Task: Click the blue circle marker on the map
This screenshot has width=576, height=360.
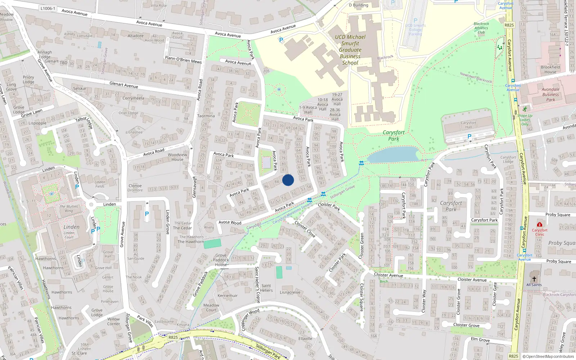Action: [288, 180]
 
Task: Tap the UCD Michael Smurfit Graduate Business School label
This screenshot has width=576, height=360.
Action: [350, 50]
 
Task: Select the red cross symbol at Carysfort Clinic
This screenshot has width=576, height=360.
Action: [540, 224]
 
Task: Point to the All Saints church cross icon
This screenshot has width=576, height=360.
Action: [534, 279]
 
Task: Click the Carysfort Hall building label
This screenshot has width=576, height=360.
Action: [468, 125]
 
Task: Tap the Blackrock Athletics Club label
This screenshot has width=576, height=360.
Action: [481, 28]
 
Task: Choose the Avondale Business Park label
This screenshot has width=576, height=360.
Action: [550, 94]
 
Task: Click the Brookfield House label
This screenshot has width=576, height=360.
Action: [550, 69]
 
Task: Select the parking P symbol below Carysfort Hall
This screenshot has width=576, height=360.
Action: [469, 136]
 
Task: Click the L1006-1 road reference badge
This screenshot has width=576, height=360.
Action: [48, 8]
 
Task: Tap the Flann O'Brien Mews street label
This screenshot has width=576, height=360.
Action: [183, 59]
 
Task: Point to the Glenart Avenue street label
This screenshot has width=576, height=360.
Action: [123, 85]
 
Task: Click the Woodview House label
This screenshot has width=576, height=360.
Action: [177, 157]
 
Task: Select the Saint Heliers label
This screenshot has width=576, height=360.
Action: [266, 288]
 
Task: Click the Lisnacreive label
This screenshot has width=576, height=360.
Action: [290, 292]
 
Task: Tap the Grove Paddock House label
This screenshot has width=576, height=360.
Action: [221, 260]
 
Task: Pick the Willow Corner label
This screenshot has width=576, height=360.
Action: [113, 321]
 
